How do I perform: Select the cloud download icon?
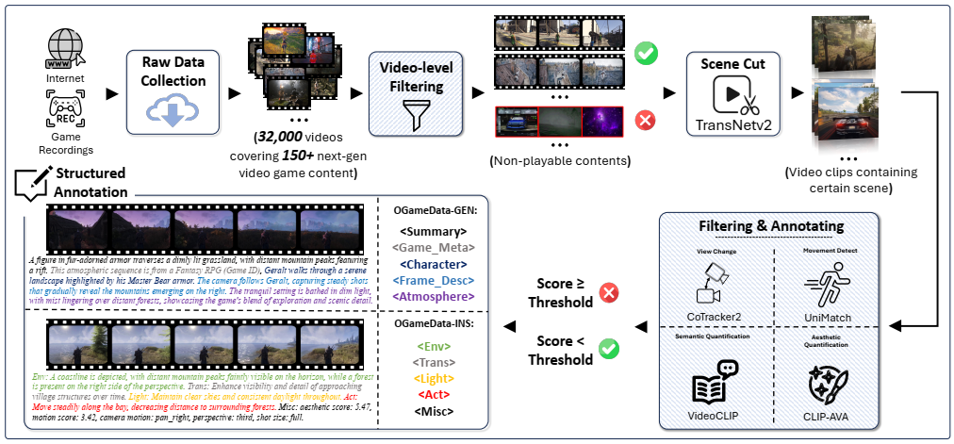pyautogui.click(x=168, y=113)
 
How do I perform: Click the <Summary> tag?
pyautogui.click(x=431, y=229)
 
